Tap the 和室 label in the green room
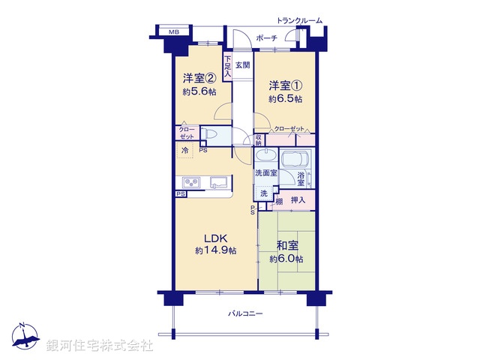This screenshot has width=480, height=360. tap(286, 244)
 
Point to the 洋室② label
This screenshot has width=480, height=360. tap(199, 78)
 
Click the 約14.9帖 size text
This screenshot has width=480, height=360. tap(216, 250)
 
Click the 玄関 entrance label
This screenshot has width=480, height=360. tap(242, 65)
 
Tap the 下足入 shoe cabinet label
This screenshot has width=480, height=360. tap(227, 65)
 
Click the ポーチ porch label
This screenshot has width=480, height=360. tap(266, 37)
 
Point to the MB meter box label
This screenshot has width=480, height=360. tap(173, 32)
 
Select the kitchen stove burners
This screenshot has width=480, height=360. tap(190, 182)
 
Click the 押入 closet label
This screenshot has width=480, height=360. tap(298, 200)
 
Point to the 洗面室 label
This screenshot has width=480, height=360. tap(265, 173)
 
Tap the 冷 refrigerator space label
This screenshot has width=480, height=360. tap(184, 150)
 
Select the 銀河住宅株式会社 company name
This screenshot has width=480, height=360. tap(100, 346)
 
